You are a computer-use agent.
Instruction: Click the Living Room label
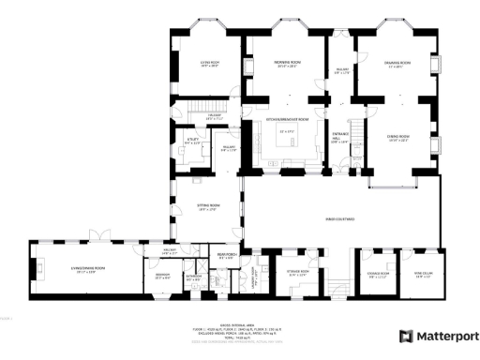[x=209, y=65]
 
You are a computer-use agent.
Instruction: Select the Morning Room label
[x=286, y=65]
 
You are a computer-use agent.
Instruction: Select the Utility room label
[x=192, y=141]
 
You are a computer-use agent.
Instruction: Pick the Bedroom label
[x=162, y=276]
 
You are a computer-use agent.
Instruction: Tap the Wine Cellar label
[x=422, y=275]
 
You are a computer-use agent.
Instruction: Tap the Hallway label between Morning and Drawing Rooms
[x=342, y=69]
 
